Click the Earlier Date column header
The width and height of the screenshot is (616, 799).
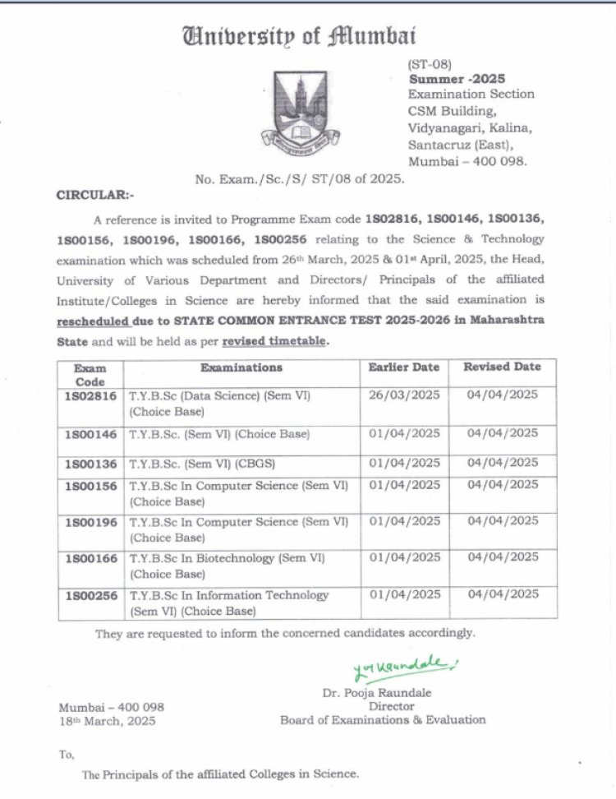click(404, 367)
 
